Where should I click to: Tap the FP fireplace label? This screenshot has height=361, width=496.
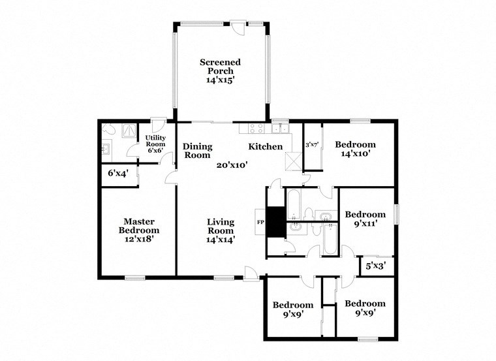pyautogui.click(x=260, y=222)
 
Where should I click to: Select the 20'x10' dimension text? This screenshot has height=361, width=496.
pyautogui.click(x=232, y=165)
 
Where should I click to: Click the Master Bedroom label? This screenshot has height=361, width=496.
pyautogui.click(x=138, y=230)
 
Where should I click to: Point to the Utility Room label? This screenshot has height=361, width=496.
pyautogui.click(x=155, y=144)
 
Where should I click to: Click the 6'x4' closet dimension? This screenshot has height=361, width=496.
pyautogui.click(x=118, y=174)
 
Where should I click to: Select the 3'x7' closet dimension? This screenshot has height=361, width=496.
pyautogui.click(x=312, y=145)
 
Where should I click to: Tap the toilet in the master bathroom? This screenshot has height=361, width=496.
pyautogui.click(x=108, y=131)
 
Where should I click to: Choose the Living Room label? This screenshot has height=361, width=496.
pyautogui.click(x=221, y=230)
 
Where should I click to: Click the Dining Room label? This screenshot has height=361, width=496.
pyautogui.click(x=196, y=151)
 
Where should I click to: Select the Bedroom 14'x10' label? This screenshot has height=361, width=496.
pyautogui.click(x=355, y=149)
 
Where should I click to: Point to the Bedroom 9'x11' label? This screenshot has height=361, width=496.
pyautogui.click(x=365, y=218)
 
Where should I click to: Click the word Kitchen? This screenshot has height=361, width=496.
pyautogui.click(x=265, y=147)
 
